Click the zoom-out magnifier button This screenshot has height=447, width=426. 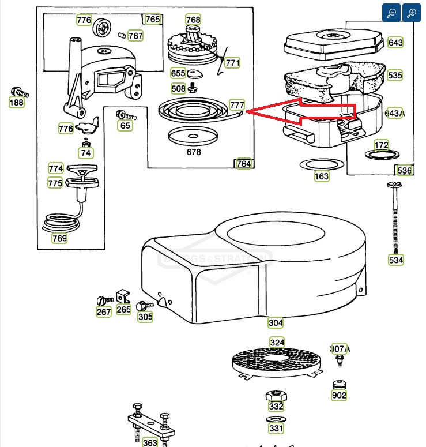point(391,13)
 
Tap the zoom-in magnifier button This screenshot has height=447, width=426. point(412,13)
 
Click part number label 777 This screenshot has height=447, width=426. point(237,105)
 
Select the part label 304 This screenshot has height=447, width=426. point(276,322)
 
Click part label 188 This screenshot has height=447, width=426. point(17,103)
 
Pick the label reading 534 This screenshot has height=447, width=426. point(396,260)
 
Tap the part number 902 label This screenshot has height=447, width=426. point(339,396)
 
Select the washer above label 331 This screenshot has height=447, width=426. point(276,418)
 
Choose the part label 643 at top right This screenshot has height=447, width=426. point(395,42)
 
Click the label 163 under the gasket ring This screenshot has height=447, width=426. point(322,176)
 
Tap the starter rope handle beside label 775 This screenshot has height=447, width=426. point(82,182)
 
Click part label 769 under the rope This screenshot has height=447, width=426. point(59,238)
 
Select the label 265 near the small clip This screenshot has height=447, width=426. point(123,310)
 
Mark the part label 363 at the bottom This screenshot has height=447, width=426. point(150,442)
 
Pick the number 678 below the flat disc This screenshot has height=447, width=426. point(194,152)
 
